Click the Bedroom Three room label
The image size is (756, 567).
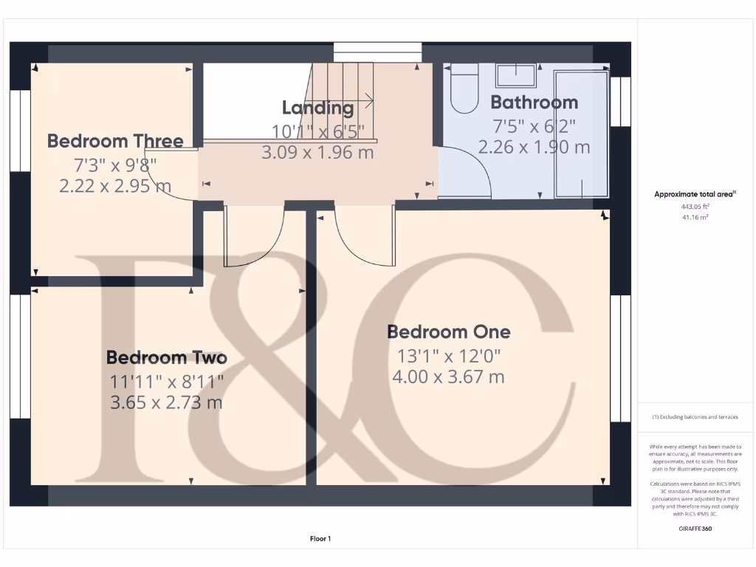coord(115,140)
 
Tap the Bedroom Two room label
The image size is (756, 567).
coord(166,357)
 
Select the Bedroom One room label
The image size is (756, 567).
coord(448,331)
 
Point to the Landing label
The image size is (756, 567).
coord(317,108)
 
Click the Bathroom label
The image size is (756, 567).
coord(534,102)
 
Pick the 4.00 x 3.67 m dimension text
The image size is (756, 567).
coord(448,377)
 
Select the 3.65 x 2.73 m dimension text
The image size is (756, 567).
coord(166,403)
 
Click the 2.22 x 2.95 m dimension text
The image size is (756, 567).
coord(115,186)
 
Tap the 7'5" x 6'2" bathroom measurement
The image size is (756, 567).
coord(534,126)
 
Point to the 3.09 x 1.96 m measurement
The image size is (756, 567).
coord(317,153)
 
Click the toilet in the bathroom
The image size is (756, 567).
coord(465,89)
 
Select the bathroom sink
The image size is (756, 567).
coord(516,75)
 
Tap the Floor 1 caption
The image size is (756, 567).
coord(320,539)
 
